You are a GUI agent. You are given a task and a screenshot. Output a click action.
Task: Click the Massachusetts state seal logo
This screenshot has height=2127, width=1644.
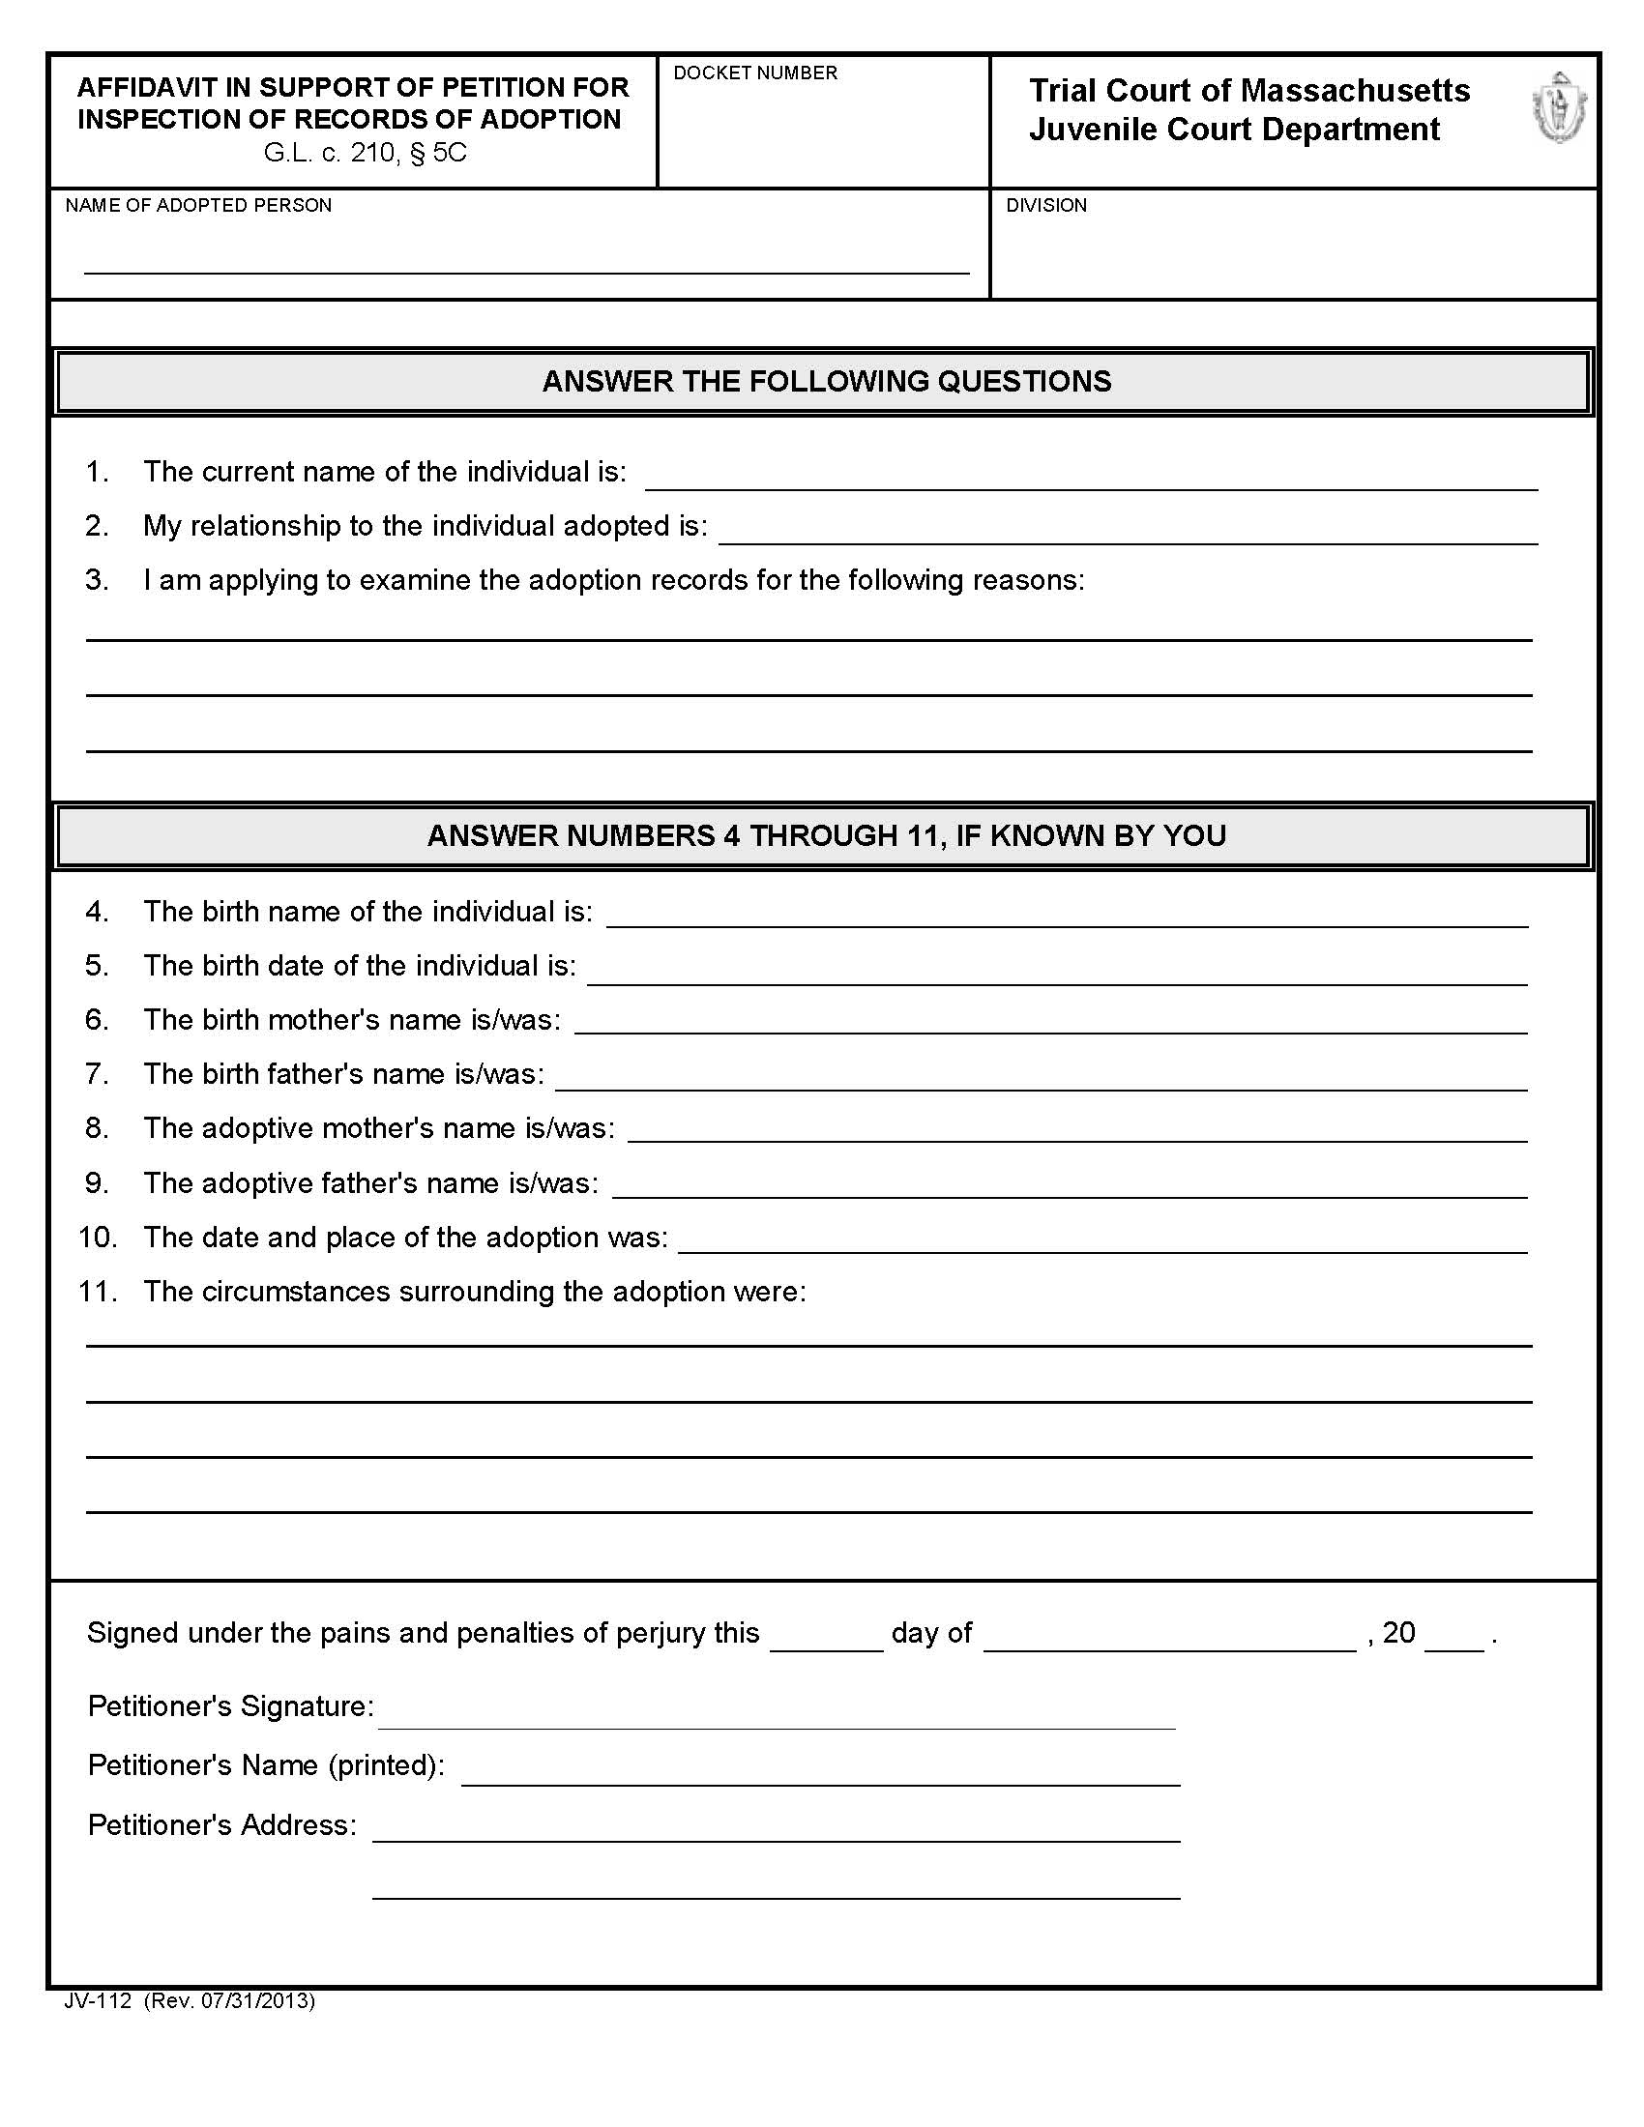click(1558, 108)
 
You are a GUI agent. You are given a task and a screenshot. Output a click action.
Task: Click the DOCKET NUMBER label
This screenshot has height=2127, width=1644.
click(755, 73)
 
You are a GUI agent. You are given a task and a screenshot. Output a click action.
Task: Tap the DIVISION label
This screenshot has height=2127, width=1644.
click(1046, 206)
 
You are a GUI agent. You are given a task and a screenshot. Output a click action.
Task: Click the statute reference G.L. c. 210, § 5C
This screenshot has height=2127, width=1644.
click(366, 154)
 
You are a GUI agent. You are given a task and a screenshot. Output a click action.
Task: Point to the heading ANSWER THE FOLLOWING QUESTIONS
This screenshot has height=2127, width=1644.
click(826, 381)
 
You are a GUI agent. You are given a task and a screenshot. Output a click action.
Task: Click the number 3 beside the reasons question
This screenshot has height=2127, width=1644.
click(96, 580)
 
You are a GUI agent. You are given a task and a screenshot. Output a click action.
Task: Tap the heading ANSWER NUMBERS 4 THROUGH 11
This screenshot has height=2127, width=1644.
click(826, 835)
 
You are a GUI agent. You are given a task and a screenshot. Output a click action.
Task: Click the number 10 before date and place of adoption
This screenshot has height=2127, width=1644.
click(98, 1237)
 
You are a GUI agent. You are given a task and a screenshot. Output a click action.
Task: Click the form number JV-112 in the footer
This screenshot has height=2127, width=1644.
click(98, 2001)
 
